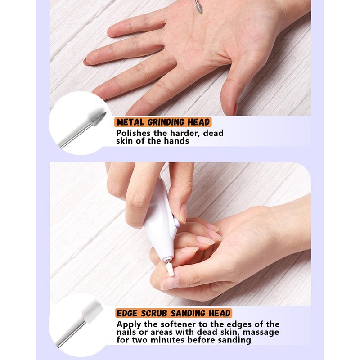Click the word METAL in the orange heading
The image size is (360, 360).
pos(130,122)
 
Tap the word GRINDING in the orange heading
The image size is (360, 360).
pos(166,122)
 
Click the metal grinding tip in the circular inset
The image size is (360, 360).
pos(98,119)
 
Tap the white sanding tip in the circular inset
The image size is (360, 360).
pos(93,311)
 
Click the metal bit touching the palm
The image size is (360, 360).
pos(198,7)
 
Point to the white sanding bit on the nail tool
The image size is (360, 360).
pos(170,269)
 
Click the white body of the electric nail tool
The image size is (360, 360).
pos(161,220)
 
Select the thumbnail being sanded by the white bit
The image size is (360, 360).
pos(169,284)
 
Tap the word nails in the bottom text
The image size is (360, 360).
pos(127,332)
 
